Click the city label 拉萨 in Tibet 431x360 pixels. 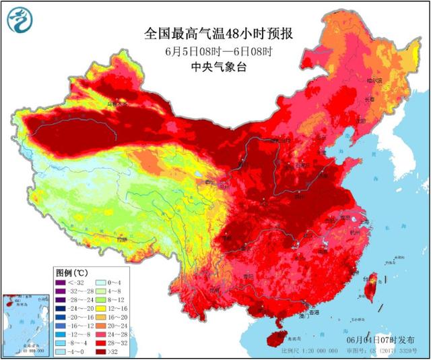point(121,239)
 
